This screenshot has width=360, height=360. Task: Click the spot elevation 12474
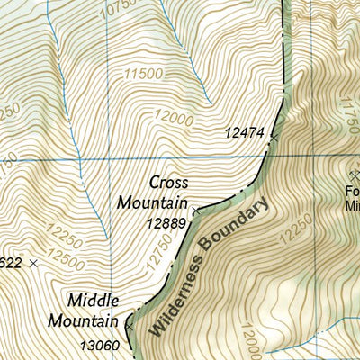[x=244, y=133]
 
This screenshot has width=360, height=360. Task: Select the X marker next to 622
[x=34, y=262]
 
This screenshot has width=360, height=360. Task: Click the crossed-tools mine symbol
[x=352, y=174]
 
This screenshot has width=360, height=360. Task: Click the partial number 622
[x=11, y=262]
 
